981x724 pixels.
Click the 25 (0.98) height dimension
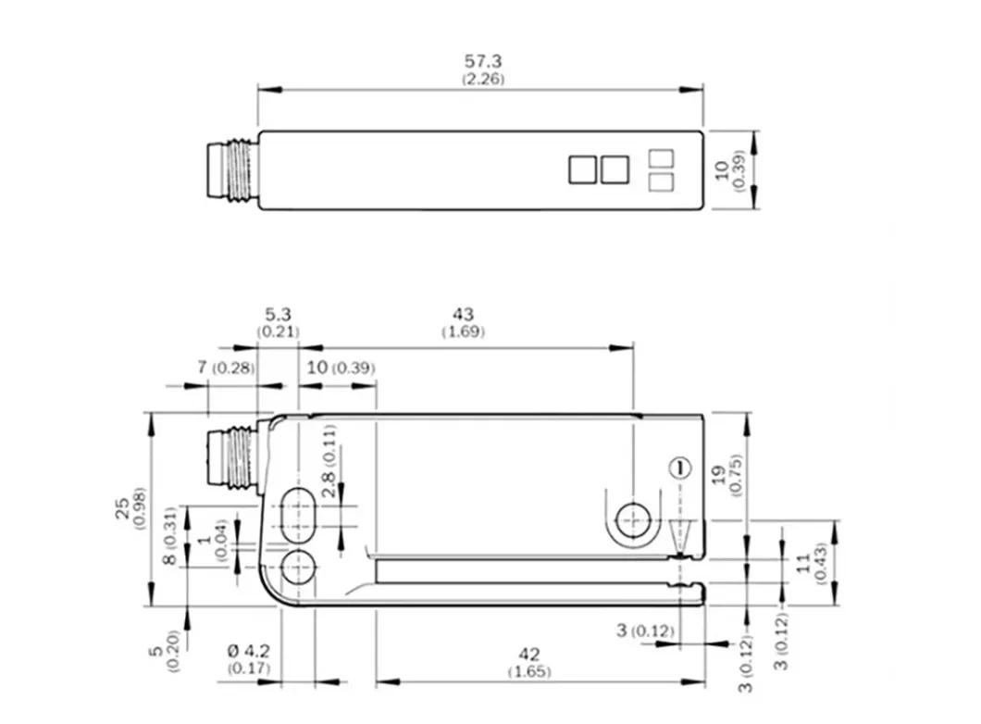click(x=130, y=506)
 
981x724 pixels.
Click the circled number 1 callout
click(x=679, y=468)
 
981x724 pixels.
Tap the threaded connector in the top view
click(x=230, y=170)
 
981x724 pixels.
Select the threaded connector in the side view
click(x=230, y=458)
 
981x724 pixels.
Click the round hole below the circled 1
click(x=633, y=522)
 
